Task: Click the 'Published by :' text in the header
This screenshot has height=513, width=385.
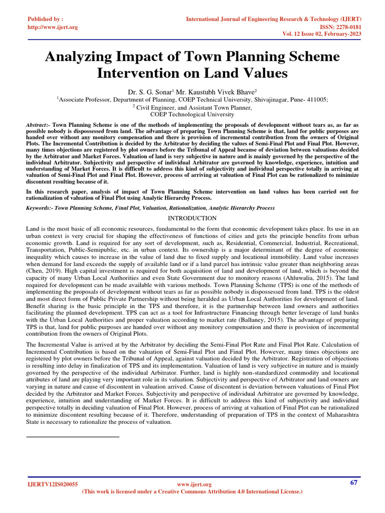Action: [45, 19]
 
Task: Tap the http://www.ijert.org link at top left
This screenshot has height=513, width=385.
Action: [53, 27]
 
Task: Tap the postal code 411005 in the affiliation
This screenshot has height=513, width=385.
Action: [316, 100]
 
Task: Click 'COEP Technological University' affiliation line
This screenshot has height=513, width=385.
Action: [192, 114]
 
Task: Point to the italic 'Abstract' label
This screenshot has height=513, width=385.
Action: [38, 124]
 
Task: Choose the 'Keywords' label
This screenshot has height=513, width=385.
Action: [40, 207]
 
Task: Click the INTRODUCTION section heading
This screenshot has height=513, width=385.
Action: [192, 218]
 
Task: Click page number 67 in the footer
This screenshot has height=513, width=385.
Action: [354, 482]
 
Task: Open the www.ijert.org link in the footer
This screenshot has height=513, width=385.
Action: [195, 484]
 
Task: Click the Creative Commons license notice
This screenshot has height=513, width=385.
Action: [192, 492]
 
